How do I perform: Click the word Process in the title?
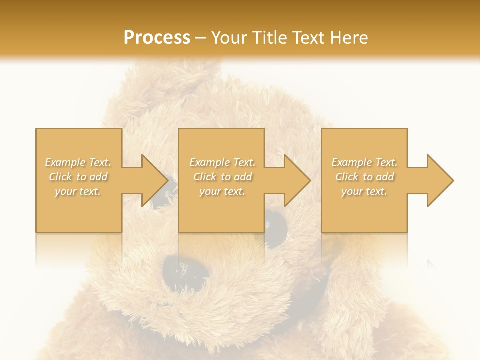click(x=157, y=37)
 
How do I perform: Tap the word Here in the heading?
click(x=349, y=37)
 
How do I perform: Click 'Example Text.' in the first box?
click(x=78, y=162)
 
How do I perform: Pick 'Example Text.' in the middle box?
click(x=222, y=162)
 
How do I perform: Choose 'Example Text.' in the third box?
click(x=364, y=162)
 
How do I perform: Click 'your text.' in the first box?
click(x=78, y=191)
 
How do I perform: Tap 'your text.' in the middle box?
click(x=222, y=191)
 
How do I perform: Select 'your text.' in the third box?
click(x=364, y=191)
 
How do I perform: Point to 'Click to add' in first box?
click(x=78, y=177)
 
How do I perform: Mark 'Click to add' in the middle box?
click(x=222, y=177)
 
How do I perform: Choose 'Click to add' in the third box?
click(x=364, y=177)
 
